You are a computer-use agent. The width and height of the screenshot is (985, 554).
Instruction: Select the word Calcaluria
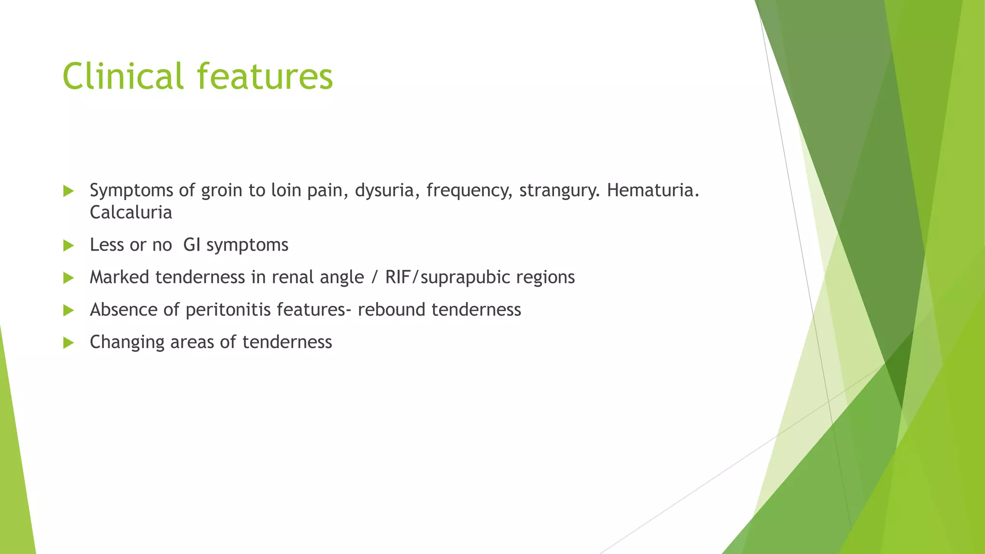coord(131,213)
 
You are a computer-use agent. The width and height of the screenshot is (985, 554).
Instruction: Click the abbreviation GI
coord(192,245)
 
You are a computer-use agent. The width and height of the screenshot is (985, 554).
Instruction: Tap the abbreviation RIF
coord(397,277)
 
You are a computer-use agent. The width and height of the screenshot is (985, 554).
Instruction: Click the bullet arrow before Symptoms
coord(68,191)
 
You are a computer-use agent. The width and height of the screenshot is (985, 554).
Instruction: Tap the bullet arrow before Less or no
coord(68,246)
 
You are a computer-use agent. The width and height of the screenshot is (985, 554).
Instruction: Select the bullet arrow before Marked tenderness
coord(68,278)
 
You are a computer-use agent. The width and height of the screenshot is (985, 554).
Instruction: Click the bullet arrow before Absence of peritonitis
coord(68,310)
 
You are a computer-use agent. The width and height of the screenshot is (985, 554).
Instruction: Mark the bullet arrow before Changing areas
coord(68,343)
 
